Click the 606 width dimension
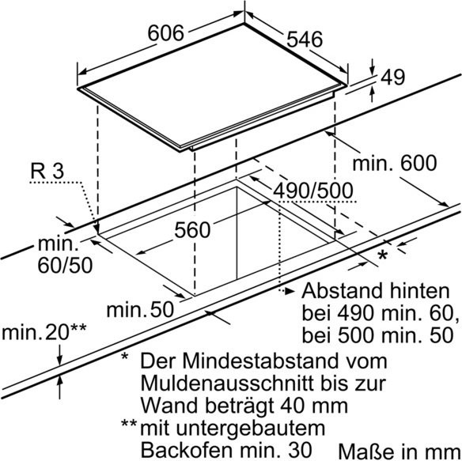click(165, 32)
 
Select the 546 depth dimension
click(305, 40)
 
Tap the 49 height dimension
click(392, 77)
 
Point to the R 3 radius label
click(47, 171)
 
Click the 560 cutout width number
click(192, 230)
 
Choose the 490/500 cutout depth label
click(313, 191)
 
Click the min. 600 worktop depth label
click(395, 163)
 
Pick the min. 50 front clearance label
click(140, 310)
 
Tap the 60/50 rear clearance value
click(65, 265)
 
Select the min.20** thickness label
click(44, 331)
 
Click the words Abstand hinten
click(376, 291)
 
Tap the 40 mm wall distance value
click(314, 406)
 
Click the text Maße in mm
click(400, 452)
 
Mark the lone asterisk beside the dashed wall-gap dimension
click(382, 255)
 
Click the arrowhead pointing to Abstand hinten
click(290, 291)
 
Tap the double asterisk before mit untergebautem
click(129, 424)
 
